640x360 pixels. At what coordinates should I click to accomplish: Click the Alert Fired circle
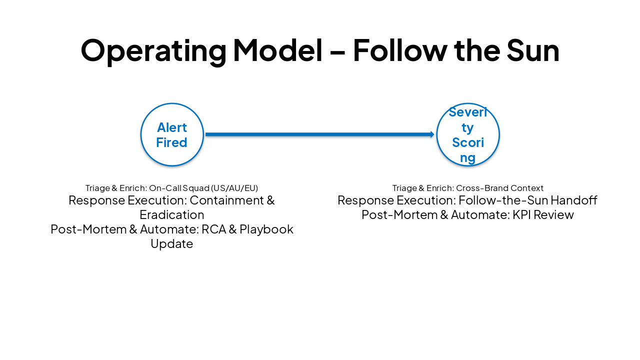click(172, 134)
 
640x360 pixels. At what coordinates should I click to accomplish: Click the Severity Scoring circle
click(467, 134)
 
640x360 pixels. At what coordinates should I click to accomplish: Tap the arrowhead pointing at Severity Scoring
click(432, 134)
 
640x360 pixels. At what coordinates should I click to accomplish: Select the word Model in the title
click(277, 50)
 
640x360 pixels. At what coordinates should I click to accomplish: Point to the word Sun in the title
click(532, 50)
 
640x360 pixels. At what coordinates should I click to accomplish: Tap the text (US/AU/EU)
click(234, 188)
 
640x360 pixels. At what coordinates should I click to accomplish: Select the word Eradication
click(171, 215)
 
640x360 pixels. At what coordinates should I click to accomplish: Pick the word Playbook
click(266, 229)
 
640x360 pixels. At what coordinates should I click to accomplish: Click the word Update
click(171, 244)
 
